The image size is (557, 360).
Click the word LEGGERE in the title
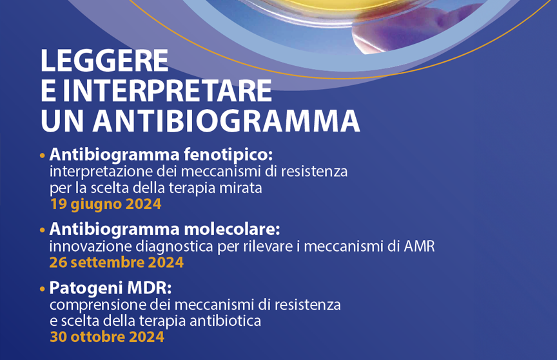coord(104,61)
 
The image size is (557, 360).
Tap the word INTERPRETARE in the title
coord(168,90)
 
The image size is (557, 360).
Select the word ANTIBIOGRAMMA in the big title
coord(227,121)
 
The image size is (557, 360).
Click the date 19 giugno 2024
coord(106,205)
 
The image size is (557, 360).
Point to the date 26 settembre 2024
coord(117,263)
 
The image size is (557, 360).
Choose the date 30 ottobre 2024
coord(107,337)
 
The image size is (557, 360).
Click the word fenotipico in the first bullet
coord(228,155)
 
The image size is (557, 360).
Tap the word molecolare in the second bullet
coord(232,229)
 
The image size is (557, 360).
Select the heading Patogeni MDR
coord(110,288)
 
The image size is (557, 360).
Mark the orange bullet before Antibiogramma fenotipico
coord(43,155)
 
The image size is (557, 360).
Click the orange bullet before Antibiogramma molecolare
coord(43,230)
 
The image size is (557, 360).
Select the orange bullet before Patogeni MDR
coord(43,289)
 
